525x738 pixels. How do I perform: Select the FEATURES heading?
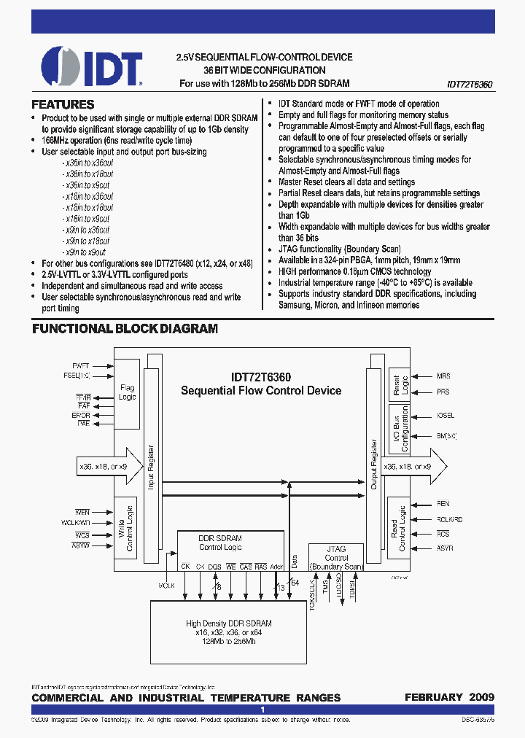63,105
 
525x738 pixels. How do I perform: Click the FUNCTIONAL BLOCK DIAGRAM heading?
125,329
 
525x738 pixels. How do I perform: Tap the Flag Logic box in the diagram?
127,392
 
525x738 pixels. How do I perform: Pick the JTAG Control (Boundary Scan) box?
336,558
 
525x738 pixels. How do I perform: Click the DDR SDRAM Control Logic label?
220,543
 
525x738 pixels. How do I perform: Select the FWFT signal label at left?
81,365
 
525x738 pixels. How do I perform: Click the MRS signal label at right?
443,376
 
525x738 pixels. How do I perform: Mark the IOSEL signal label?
445,416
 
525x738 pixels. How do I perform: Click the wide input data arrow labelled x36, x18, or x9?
102,466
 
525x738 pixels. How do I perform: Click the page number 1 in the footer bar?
262,710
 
